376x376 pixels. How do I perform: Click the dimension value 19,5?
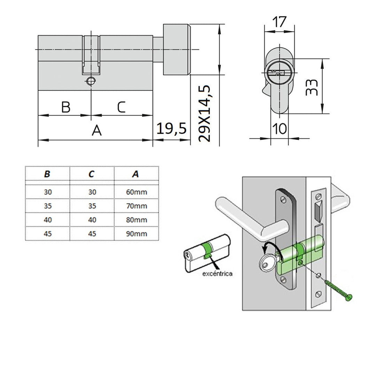(172, 128)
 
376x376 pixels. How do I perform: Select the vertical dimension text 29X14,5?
(205, 113)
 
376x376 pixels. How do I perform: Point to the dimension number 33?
(312, 87)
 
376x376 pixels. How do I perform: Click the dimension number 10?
(279, 128)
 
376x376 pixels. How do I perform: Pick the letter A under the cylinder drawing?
(96, 131)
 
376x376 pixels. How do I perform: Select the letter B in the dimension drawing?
(66, 107)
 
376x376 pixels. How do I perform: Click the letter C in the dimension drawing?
(121, 107)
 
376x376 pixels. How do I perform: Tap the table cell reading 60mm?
(136, 192)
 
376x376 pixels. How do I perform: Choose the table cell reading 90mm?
(136, 234)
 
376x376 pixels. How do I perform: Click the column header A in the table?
(136, 174)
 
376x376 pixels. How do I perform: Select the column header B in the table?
(47, 174)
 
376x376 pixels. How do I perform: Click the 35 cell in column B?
(47, 206)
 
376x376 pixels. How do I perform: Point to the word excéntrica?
(217, 274)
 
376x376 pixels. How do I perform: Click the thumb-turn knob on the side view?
(177, 49)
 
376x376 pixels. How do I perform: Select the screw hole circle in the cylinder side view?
(91, 81)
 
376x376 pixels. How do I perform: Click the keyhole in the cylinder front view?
(277, 73)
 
